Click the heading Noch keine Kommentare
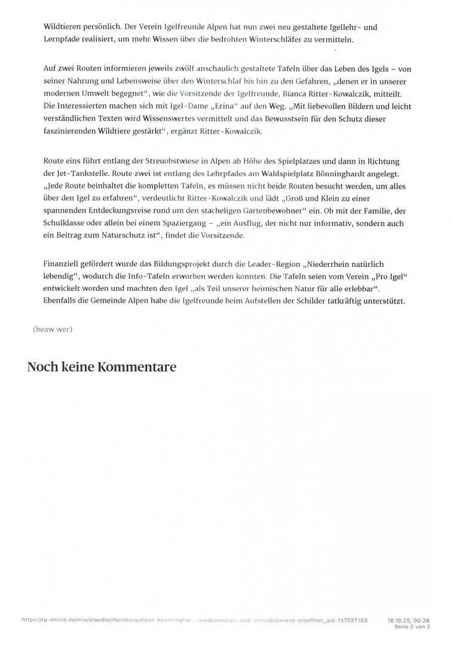click(102, 367)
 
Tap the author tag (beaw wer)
click(53, 329)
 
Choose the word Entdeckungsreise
click(122, 211)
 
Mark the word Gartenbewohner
click(270, 211)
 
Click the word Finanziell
click(64, 264)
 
